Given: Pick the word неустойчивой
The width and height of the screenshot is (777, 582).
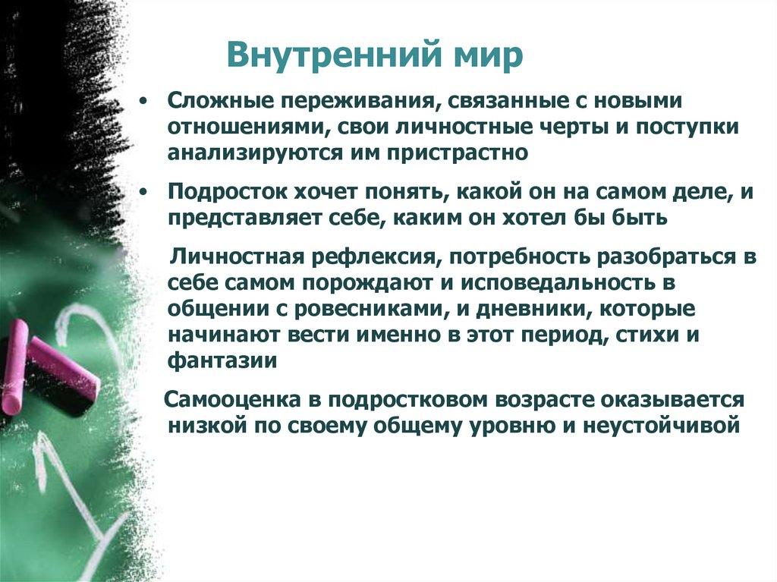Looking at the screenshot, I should coord(662,425).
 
